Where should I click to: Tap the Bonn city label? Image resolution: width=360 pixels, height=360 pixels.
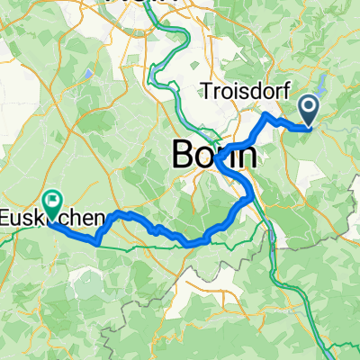click(213, 156)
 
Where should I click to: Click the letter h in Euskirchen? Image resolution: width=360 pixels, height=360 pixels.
click(76, 217)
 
